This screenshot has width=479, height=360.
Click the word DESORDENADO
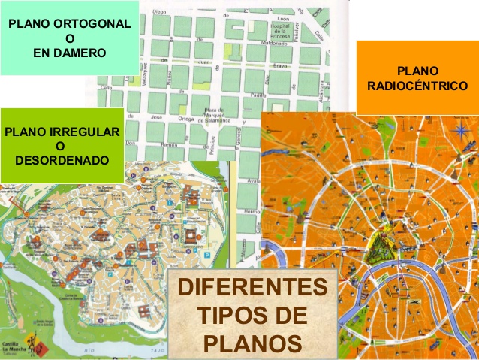tap(62, 160)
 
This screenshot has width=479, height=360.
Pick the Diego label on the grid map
tap(159, 13)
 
